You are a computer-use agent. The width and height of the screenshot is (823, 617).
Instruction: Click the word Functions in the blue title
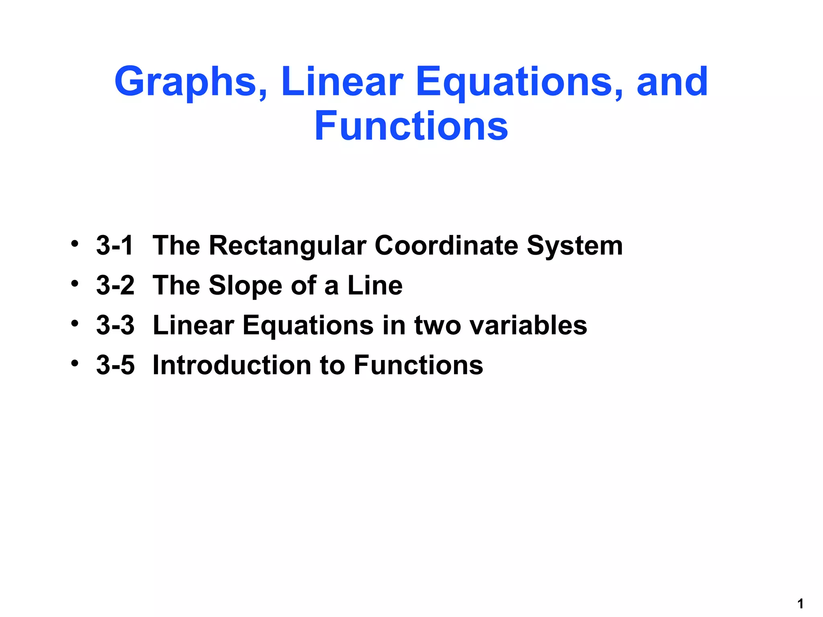(x=411, y=126)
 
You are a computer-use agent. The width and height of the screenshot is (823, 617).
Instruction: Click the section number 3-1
(x=115, y=245)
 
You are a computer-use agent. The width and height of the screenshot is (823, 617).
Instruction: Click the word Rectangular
(x=288, y=245)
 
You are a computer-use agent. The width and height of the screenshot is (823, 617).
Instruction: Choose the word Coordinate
(x=446, y=245)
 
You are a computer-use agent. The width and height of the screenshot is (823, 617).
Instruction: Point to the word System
(x=575, y=245)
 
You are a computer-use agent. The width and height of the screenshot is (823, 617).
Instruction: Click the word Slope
(x=245, y=285)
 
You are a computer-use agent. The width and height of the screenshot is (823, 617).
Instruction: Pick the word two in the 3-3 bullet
(x=438, y=325)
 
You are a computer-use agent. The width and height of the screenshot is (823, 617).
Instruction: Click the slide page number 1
(x=800, y=604)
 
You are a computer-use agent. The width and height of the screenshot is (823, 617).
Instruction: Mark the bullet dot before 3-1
(x=74, y=244)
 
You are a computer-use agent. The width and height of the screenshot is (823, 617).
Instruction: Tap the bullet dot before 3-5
(x=74, y=364)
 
